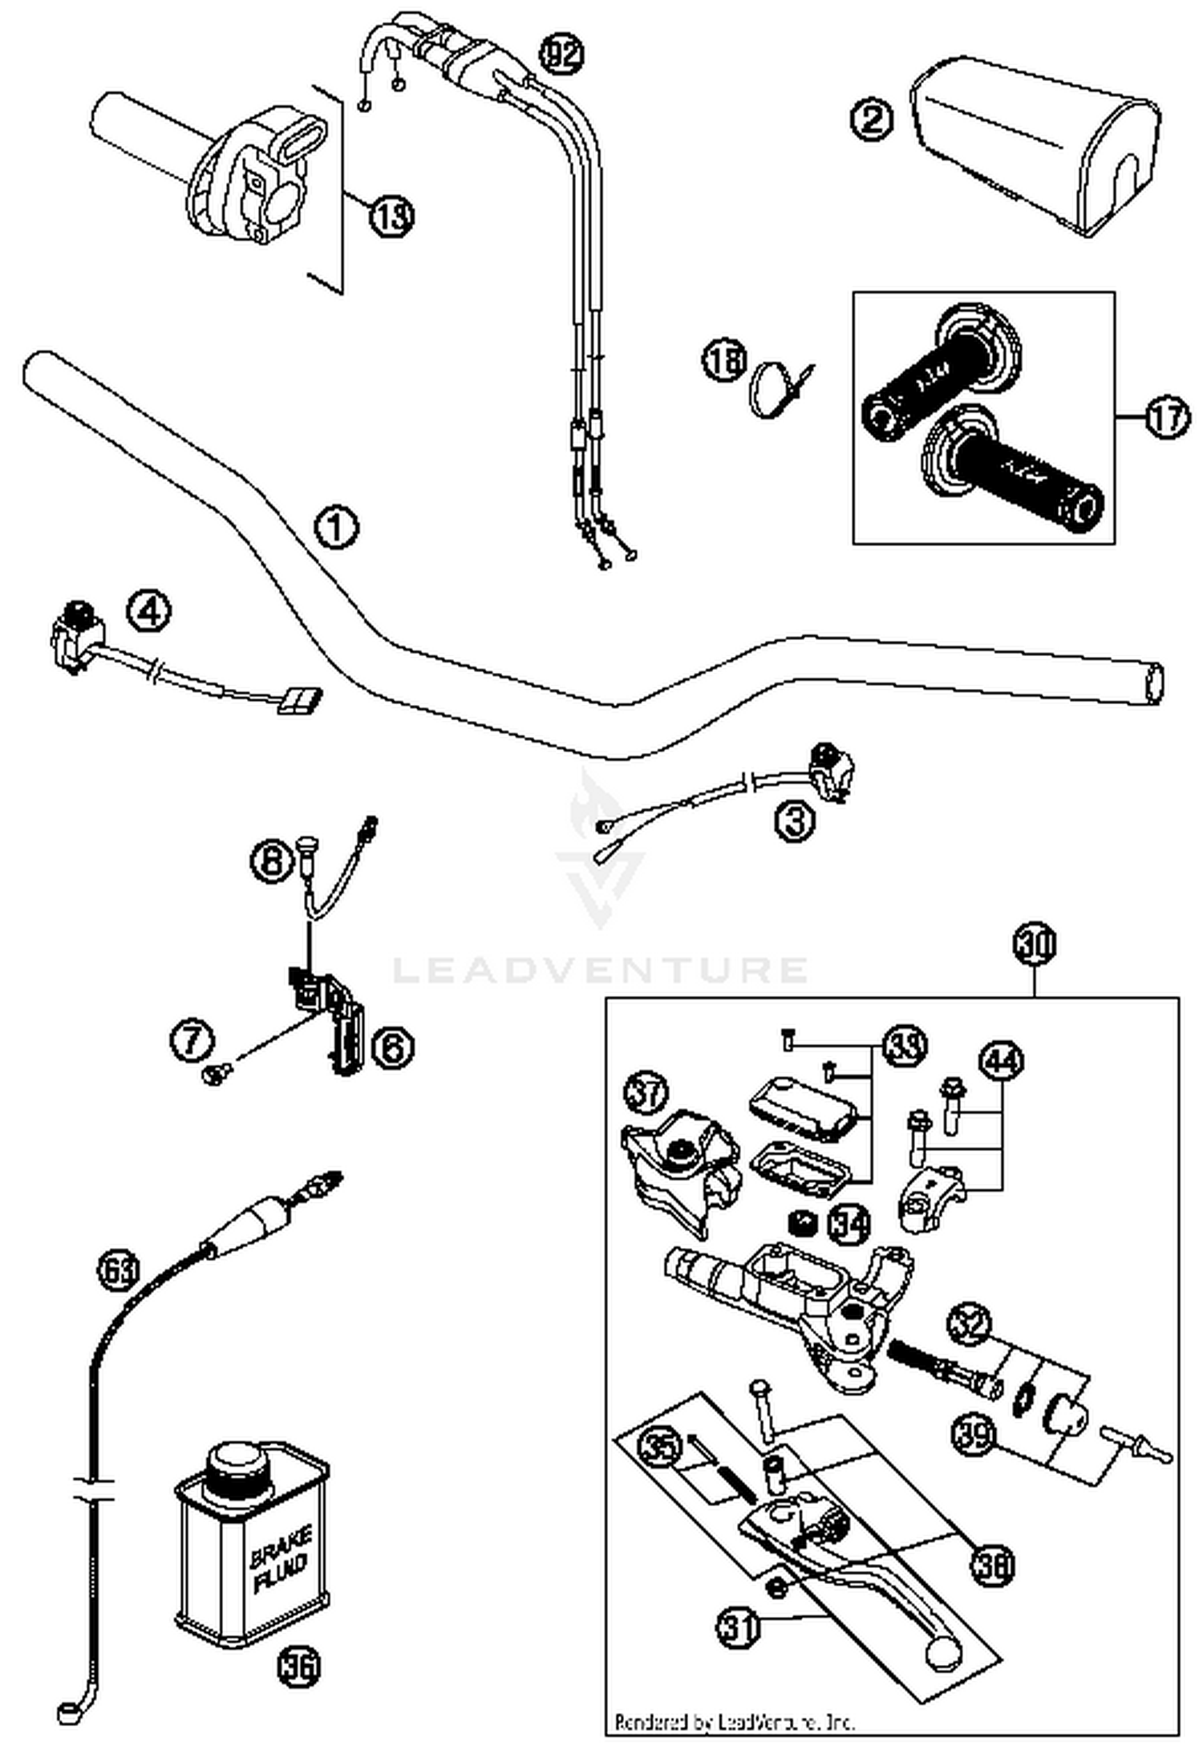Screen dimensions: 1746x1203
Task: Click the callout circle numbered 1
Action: pos(336,528)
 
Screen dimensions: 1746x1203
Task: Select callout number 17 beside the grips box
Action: pos(1166,418)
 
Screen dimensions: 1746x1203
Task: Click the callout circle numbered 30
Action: pos(1035,943)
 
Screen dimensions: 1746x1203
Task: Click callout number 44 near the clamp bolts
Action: pos(1002,1061)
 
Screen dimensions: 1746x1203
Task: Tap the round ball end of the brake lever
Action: pos(943,1653)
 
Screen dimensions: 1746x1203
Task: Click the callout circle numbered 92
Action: pos(561,54)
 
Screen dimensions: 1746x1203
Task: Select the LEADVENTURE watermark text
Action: pos(600,969)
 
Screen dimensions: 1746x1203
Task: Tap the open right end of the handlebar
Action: pos(1153,684)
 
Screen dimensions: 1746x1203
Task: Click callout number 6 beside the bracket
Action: pos(393,1047)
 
